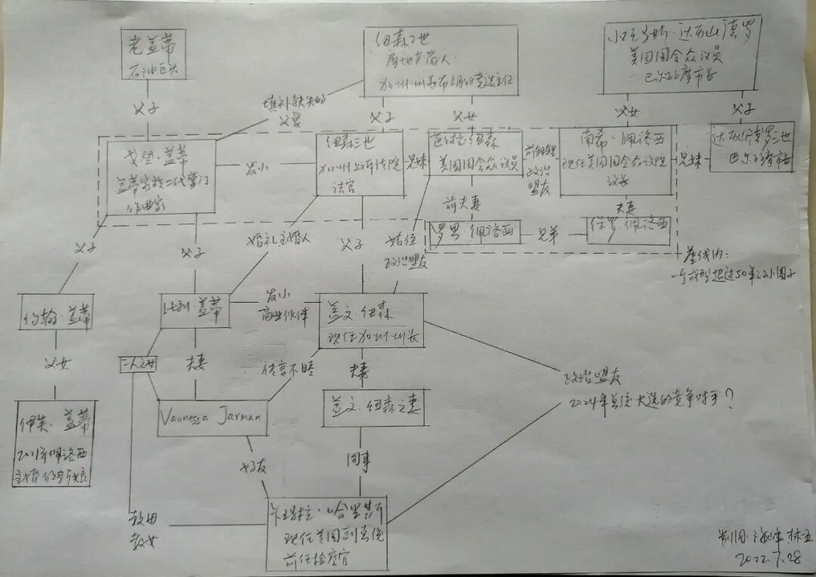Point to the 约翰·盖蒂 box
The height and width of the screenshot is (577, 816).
57,312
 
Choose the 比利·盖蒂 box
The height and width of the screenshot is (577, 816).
195,310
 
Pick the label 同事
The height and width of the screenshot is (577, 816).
358,458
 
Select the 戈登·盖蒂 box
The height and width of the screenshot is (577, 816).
158,176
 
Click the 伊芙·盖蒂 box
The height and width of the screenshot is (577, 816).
54,442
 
